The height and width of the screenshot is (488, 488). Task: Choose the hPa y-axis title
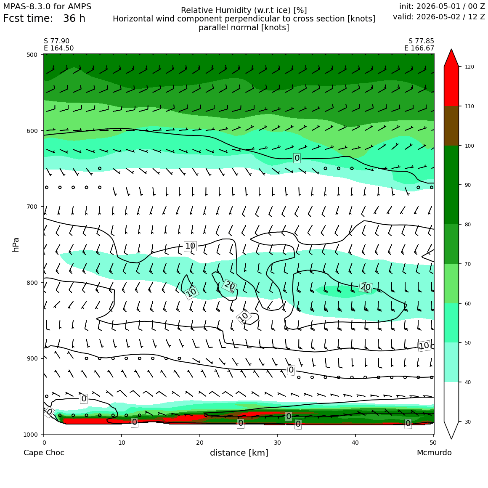pos(16,244)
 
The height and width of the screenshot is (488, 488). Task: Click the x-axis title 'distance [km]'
pos(239,453)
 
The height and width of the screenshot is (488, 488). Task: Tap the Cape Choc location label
pos(44,453)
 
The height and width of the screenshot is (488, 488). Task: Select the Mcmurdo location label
pos(434,453)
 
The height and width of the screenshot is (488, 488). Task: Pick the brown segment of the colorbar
pos(451,126)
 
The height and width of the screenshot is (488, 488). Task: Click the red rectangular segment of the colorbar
pos(451,86)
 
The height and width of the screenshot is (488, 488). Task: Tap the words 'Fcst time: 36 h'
pos(44,19)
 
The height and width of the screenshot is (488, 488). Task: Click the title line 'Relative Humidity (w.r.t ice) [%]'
pos(244,11)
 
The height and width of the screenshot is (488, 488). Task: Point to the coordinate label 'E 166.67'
pos(419,48)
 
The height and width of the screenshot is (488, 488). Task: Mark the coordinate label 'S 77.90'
pos(57,41)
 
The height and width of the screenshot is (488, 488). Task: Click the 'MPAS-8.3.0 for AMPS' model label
pos(47,7)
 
